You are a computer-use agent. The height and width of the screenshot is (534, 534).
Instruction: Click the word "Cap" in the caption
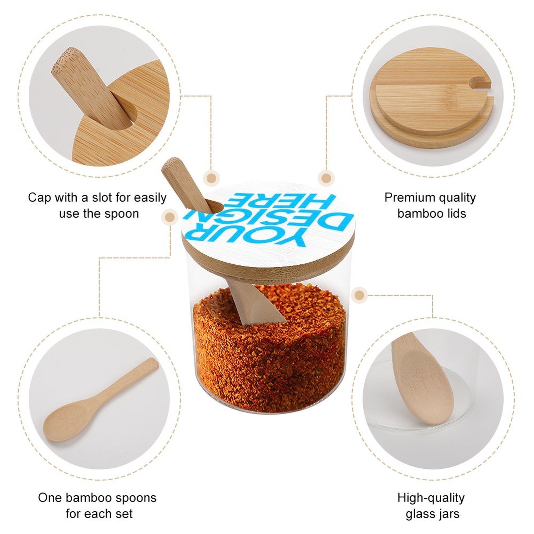(39, 197)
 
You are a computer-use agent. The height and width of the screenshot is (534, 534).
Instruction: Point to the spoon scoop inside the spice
(264, 309)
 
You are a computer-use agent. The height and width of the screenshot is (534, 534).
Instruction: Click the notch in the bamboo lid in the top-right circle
(482, 82)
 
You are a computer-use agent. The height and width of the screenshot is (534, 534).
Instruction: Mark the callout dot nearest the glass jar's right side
(359, 295)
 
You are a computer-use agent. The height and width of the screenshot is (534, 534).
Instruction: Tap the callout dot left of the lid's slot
(170, 218)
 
